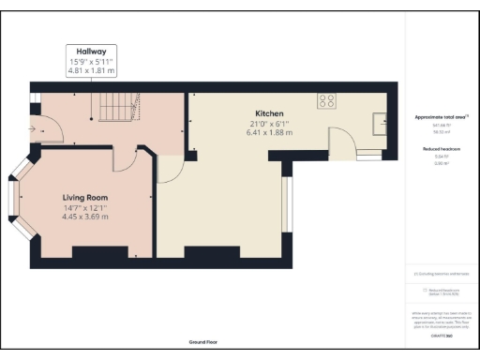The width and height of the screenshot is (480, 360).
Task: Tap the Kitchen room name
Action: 266,112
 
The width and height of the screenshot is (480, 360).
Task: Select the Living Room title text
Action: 85,197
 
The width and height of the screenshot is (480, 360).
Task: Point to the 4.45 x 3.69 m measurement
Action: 85,217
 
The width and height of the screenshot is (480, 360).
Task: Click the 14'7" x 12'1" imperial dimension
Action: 85,207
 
